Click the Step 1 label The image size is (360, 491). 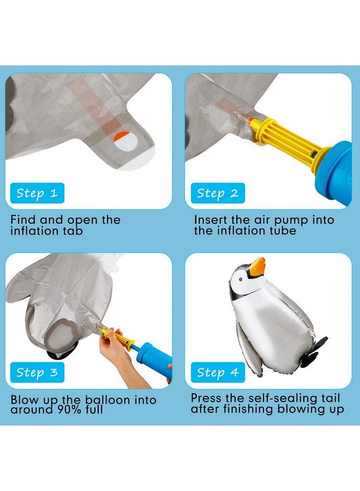click(x=37, y=193)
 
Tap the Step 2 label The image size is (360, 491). click(x=218, y=193)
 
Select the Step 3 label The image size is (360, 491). click(x=37, y=373)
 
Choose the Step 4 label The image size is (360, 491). click(x=218, y=373)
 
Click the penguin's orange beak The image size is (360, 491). click(x=256, y=267)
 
